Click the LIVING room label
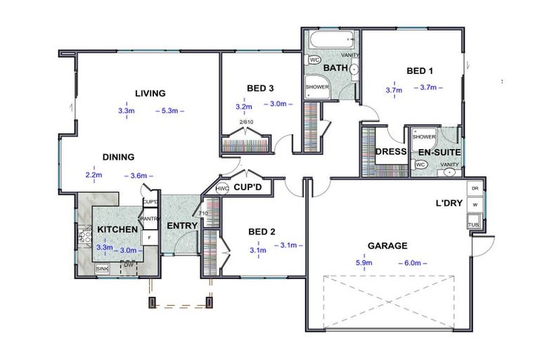click(150, 94)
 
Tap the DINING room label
click(118, 157)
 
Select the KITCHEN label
click(117, 230)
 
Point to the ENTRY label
click(181, 226)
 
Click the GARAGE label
click(387, 246)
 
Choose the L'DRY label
click(448, 204)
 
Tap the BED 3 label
click(259, 89)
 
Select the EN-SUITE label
click(439, 152)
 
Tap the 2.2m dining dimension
click(94, 175)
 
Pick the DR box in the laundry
click(474, 189)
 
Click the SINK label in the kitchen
click(103, 269)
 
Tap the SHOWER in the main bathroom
click(317, 87)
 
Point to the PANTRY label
click(150, 219)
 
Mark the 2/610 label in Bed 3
click(246, 122)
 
